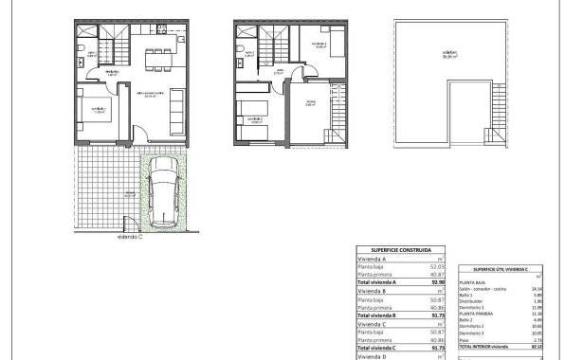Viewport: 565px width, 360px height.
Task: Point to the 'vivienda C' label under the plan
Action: [131, 239]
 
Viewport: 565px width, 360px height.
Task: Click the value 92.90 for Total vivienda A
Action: [437, 282]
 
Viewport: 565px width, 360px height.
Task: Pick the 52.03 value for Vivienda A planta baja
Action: [437, 266]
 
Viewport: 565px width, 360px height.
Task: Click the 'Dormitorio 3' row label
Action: [473, 334]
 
